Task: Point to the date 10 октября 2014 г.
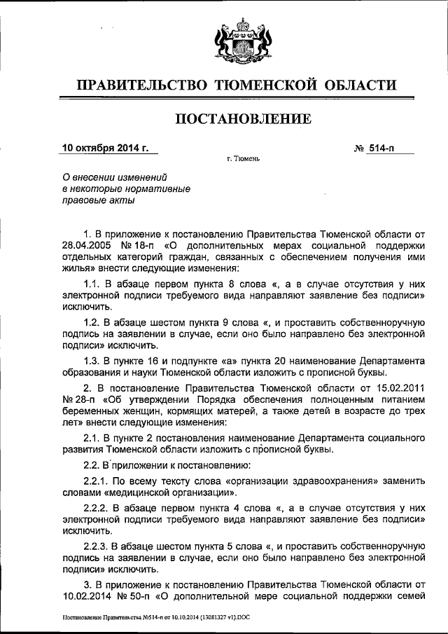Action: click(x=106, y=148)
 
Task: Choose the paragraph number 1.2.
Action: click(x=92, y=322)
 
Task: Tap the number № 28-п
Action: click(x=76, y=399)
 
